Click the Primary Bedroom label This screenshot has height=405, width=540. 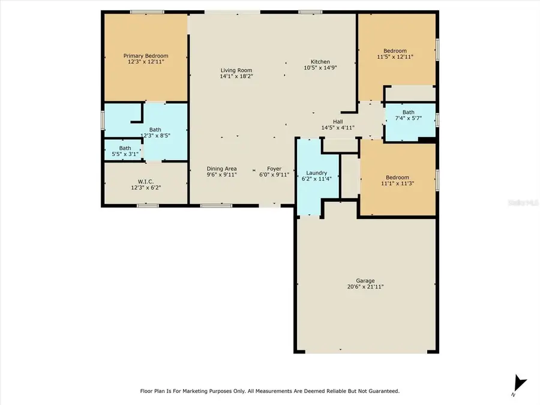(x=146, y=56)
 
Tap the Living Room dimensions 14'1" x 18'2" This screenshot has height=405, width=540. (x=235, y=76)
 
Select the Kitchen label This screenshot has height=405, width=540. (x=320, y=62)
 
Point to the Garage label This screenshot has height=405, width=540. (x=365, y=281)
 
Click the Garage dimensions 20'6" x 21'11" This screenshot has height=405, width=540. (x=365, y=287)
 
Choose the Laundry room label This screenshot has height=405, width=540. (x=316, y=173)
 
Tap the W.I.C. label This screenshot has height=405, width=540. (x=146, y=181)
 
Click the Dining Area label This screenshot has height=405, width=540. (x=222, y=169)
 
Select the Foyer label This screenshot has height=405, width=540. (x=274, y=169)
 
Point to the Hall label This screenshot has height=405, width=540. (x=338, y=121)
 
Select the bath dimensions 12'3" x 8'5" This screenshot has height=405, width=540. (x=155, y=136)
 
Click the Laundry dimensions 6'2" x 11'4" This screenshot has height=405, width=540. (x=316, y=179)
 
